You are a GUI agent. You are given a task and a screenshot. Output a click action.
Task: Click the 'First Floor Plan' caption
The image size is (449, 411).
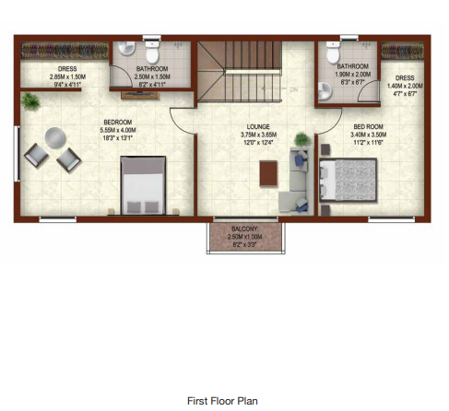click(222, 401)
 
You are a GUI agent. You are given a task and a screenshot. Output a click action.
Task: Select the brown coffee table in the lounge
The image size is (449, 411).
click(268, 172)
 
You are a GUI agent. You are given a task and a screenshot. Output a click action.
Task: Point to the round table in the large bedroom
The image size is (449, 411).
click(55, 136)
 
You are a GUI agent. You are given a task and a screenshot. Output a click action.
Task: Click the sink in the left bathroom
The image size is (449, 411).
click(126, 49)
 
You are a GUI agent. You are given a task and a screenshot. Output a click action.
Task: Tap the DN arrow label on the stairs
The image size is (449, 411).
click(294, 89)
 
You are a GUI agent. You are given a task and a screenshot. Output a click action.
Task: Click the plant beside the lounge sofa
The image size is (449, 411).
click(301, 141)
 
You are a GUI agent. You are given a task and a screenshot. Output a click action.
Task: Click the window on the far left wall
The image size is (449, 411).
click(16, 152)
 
